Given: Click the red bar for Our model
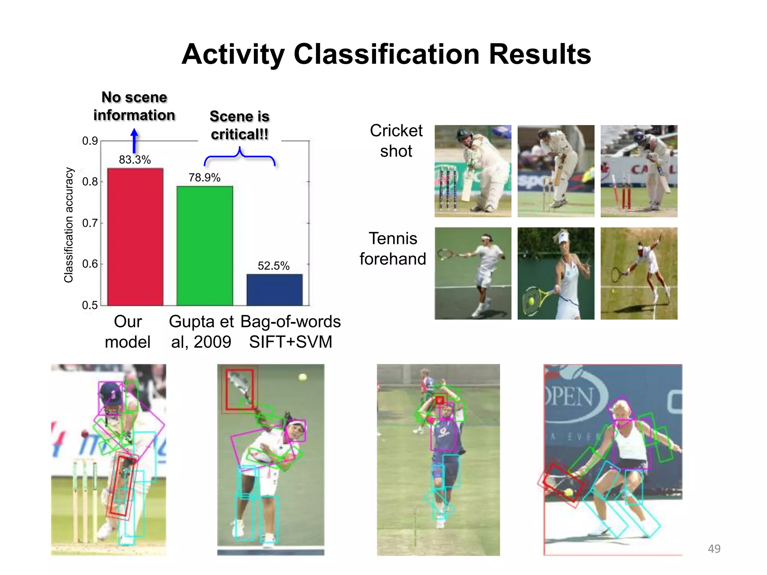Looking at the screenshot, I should point(135,237).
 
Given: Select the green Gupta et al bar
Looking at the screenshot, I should point(205,246).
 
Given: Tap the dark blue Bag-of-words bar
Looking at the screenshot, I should point(275,290).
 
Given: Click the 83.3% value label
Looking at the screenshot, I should point(135,160).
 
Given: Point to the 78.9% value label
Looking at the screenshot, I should point(204,177).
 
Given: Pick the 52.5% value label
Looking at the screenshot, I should point(274,266).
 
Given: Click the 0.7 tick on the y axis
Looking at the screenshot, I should point(90,223).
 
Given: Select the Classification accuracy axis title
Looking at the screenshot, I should point(69,225).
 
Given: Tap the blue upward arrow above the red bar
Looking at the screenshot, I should point(134,140).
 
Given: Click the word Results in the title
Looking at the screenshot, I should point(540,54).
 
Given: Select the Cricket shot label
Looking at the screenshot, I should point(396,141).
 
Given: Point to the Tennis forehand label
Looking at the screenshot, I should point(392,249).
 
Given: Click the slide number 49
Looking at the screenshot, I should point(714,548).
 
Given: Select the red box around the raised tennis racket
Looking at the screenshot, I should point(240,389).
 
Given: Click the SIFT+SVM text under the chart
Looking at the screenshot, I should point(291,342).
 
